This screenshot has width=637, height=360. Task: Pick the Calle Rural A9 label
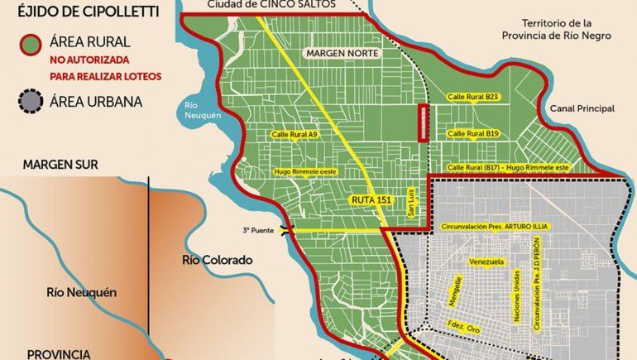pyautogui.click(x=294, y=133)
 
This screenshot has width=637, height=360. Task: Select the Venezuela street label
pyautogui.click(x=486, y=262)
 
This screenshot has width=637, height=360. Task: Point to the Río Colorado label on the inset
pyautogui.click(x=216, y=260)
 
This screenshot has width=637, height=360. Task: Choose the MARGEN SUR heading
pyautogui.click(x=60, y=165)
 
